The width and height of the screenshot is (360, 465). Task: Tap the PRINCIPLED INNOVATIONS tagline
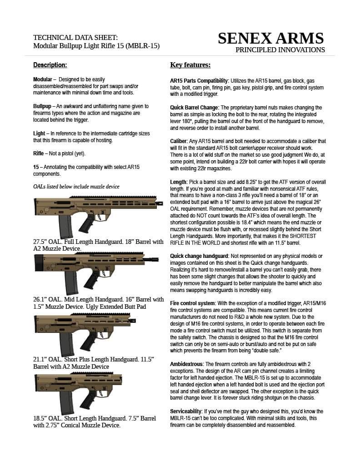pos(280,50)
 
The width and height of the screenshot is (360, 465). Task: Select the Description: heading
pos(50,65)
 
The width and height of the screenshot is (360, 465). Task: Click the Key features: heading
pos(190,65)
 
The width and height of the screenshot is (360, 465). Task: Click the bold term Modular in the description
pos(43,79)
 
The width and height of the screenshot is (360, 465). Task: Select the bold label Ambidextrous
pos(186,364)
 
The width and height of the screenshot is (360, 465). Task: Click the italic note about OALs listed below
pos(76,186)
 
